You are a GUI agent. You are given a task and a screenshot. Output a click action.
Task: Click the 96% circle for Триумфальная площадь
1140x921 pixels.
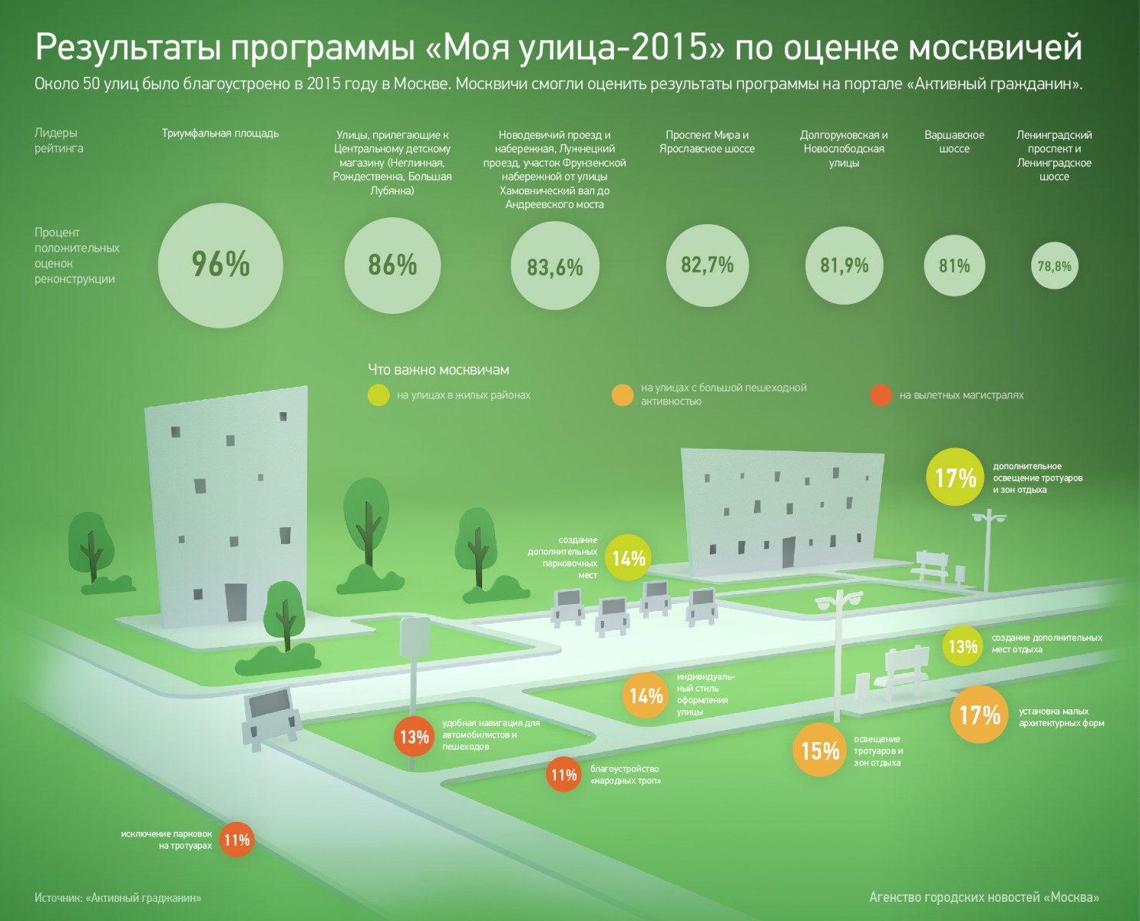click(220, 265)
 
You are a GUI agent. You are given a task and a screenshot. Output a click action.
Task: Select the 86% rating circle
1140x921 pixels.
click(392, 265)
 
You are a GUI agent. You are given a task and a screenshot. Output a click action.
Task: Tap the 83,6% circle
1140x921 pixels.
click(554, 266)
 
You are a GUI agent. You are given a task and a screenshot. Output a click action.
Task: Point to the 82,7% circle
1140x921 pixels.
click(707, 265)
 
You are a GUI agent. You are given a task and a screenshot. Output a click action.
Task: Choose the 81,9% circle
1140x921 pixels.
click(844, 265)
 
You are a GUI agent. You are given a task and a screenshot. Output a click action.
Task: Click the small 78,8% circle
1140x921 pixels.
click(1054, 266)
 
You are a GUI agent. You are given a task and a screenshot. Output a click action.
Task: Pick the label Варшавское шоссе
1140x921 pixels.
click(954, 142)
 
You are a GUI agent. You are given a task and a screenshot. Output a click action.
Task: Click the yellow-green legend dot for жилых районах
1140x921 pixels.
click(378, 395)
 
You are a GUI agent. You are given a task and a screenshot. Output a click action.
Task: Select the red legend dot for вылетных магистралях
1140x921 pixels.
click(881, 395)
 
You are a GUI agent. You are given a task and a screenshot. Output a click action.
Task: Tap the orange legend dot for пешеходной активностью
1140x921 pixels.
click(622, 395)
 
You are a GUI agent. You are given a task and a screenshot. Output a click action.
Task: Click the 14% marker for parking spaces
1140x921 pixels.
click(628, 558)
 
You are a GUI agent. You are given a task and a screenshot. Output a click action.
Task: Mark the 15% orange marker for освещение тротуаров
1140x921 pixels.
click(819, 750)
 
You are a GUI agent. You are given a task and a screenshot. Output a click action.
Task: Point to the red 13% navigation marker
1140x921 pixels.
click(414, 737)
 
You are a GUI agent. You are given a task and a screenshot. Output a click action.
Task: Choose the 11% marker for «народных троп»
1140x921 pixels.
click(563, 775)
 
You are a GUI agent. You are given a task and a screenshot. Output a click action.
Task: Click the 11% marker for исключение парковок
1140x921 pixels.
click(236, 840)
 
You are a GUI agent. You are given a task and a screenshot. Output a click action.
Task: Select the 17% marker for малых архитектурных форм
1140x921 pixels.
click(980, 715)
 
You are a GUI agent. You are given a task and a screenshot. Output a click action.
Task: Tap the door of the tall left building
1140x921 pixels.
click(236, 602)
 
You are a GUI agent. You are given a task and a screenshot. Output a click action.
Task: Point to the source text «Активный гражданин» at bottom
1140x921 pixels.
click(144, 897)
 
